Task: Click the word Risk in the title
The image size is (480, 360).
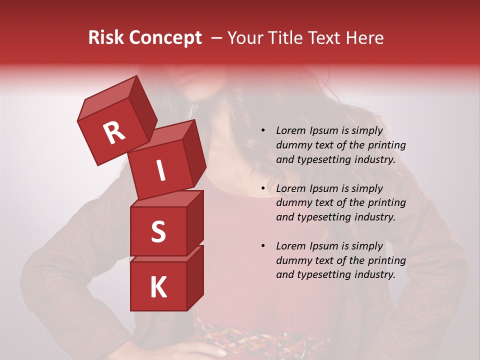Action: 106,38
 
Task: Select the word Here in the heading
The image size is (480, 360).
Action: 363,38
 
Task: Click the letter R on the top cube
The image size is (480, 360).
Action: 114,133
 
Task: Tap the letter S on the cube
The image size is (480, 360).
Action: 158,231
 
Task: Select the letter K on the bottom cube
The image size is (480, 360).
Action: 158,287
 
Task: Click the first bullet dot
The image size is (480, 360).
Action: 263,131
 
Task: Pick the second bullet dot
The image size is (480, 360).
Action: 263,189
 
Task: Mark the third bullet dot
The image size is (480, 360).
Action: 263,246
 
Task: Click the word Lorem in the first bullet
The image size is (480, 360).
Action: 290,131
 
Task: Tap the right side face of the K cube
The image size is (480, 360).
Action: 195,277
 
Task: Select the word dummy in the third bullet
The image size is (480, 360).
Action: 292,260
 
